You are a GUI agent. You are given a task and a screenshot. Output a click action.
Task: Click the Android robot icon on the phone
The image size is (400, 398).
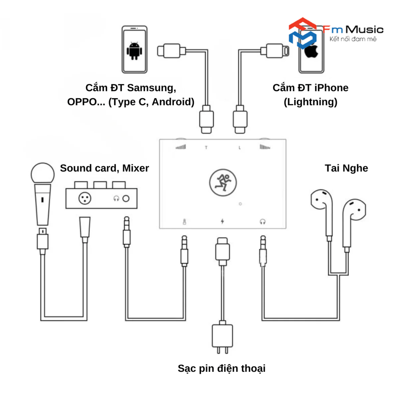click(134, 51)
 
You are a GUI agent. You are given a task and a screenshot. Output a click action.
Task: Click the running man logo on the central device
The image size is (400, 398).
click(223, 183)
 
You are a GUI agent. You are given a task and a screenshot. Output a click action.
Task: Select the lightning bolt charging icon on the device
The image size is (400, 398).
click(222, 221)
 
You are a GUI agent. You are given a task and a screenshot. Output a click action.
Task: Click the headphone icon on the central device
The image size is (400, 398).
click(263, 221)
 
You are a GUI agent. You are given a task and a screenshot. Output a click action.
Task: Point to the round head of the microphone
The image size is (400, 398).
click(43, 173)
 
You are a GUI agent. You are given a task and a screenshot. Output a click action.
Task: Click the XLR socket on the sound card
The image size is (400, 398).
click(85, 198)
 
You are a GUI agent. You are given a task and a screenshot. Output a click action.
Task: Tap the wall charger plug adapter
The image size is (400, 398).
click(222, 336)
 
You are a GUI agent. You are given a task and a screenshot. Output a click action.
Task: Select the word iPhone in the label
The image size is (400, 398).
click(331, 88)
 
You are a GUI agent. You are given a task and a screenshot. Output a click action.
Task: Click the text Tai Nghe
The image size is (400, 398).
click(346, 168)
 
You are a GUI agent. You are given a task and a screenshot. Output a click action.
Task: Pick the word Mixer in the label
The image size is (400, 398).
click(136, 168)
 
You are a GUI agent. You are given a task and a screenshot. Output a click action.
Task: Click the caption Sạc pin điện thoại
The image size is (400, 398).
click(221, 368)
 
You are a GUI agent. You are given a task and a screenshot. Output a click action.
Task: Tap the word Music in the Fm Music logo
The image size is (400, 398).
click(364, 30)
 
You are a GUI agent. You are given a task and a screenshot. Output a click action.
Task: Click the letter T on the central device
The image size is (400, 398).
click(206, 148)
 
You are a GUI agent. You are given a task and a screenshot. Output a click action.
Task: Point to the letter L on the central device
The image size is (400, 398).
click(240, 148)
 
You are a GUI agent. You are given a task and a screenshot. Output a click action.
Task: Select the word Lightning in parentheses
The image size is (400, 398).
click(311, 102)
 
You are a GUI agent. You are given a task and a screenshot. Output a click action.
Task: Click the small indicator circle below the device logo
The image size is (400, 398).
click(240, 204)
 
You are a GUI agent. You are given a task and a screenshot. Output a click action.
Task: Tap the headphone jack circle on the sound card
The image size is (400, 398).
click(126, 198)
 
